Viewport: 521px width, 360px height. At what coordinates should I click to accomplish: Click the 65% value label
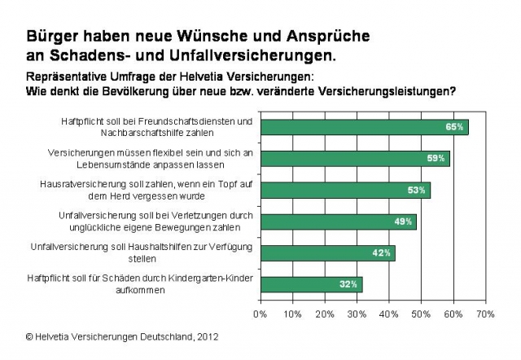coord(454,127)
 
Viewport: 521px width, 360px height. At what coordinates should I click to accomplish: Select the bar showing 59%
coord(354,159)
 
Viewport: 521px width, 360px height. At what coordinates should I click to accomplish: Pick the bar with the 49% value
coord(338,222)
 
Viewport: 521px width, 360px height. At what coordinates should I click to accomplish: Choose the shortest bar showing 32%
coord(311,284)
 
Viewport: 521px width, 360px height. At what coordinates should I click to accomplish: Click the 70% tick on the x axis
coord(484,313)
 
